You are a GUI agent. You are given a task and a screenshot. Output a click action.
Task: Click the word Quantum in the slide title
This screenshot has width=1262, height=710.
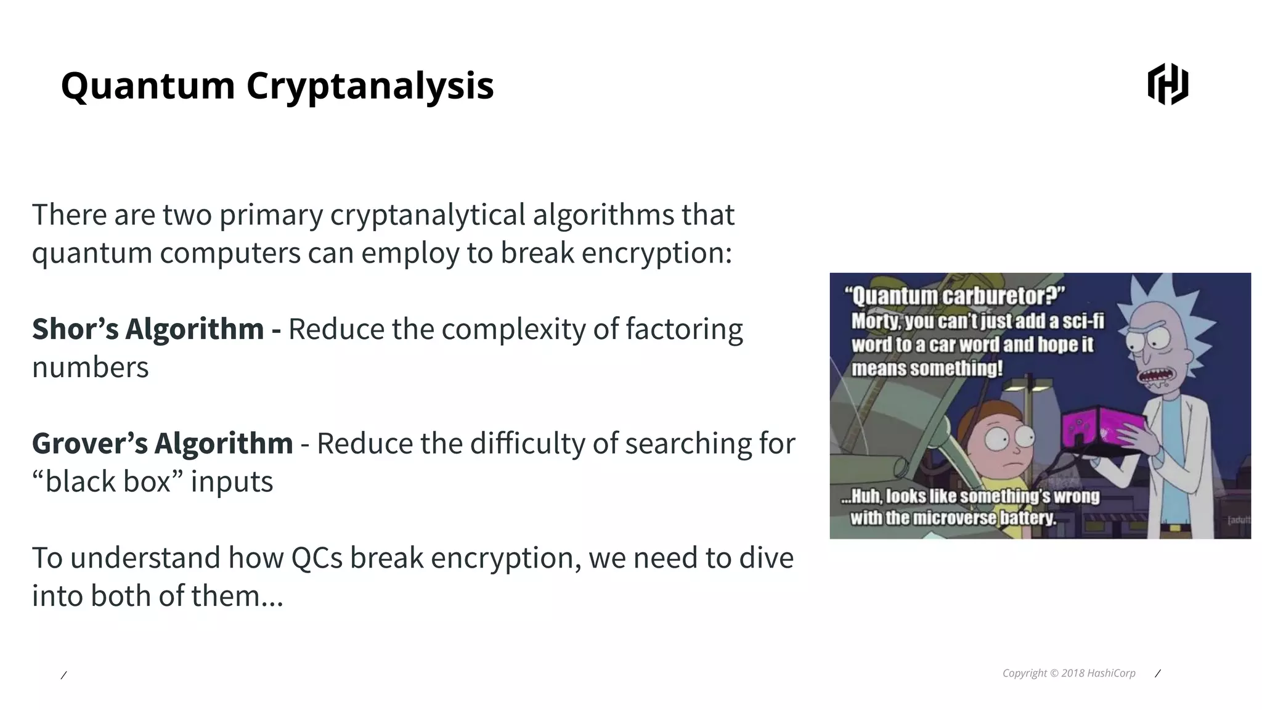(148, 86)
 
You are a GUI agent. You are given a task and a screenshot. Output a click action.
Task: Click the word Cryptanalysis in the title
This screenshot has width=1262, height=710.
(370, 86)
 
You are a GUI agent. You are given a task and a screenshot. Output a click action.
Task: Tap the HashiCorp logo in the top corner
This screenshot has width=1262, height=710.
(1168, 84)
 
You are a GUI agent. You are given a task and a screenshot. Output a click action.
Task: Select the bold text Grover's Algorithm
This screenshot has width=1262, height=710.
(163, 444)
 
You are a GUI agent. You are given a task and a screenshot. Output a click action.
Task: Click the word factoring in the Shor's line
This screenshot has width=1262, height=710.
(684, 329)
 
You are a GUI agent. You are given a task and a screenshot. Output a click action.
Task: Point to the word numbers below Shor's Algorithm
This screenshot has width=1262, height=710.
(91, 368)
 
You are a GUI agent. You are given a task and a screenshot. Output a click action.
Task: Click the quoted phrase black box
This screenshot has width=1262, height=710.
(108, 482)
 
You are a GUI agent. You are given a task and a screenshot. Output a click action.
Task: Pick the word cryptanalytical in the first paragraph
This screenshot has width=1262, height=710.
(428, 215)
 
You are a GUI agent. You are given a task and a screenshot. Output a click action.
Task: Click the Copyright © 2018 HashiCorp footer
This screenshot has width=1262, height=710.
(1069, 673)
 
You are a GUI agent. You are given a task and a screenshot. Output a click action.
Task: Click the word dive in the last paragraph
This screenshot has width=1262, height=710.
(767, 558)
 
